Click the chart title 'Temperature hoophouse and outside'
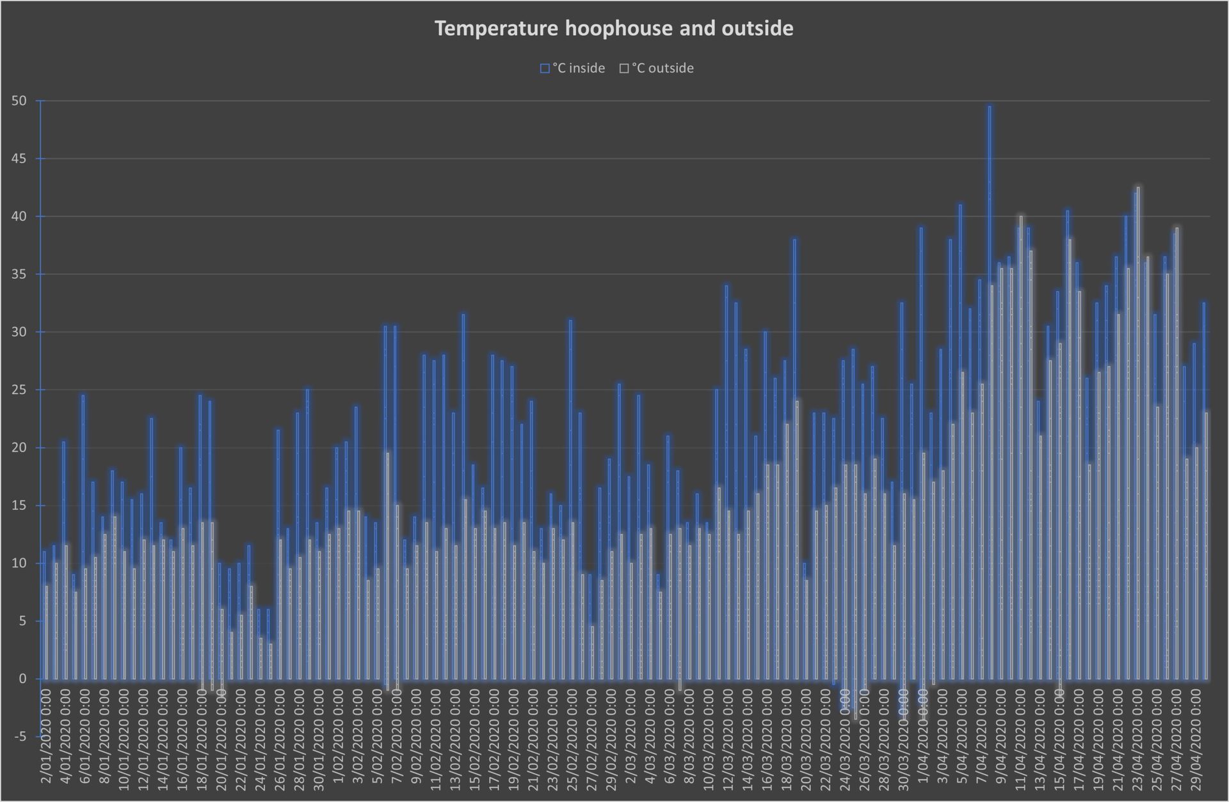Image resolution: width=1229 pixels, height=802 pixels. pos(614,29)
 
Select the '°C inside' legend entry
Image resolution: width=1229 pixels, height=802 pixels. pos(573,68)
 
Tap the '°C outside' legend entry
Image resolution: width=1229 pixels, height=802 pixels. pos(657,68)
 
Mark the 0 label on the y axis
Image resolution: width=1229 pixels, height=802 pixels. pos(23,679)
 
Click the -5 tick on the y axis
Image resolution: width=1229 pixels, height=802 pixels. pos(20,737)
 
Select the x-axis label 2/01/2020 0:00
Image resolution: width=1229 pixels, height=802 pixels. pos(46,742)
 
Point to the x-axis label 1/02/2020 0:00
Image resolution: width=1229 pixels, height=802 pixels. pos(339,742)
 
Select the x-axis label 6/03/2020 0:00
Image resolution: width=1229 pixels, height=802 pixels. pos(670,742)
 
